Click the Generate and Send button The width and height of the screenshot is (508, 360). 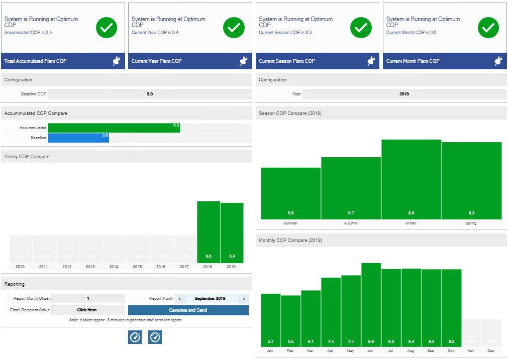pos(188,310)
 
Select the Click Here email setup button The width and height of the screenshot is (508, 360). pos(87,310)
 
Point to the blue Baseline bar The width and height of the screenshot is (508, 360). pos(78,138)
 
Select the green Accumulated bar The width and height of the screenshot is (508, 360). pos(114,128)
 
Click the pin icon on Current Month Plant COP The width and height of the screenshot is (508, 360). pos(498,61)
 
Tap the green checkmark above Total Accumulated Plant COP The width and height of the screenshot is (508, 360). pos(107,28)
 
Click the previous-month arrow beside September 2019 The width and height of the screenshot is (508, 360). pos(180,298)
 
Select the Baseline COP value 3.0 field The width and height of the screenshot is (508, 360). pos(150,94)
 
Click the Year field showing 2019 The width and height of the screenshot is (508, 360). pos(404,94)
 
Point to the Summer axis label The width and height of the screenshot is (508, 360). pos(290,223)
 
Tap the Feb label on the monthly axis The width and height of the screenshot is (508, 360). pos(290,350)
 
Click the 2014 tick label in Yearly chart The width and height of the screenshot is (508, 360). pos(114,267)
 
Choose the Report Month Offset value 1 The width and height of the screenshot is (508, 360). pos(88,298)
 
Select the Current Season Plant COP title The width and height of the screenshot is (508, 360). pos(287,61)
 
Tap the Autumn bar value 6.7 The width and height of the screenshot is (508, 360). pos(351,213)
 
